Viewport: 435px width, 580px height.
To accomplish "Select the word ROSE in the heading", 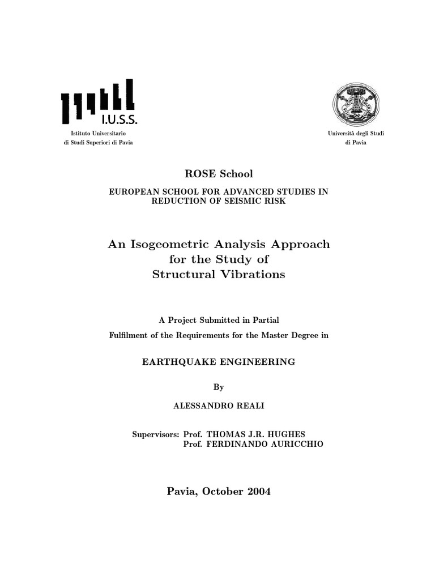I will [193, 174].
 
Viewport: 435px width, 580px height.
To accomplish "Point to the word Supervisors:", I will [156, 434].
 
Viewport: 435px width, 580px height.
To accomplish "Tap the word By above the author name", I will [219, 387].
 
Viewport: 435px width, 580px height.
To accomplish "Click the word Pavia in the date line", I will [180, 492].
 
